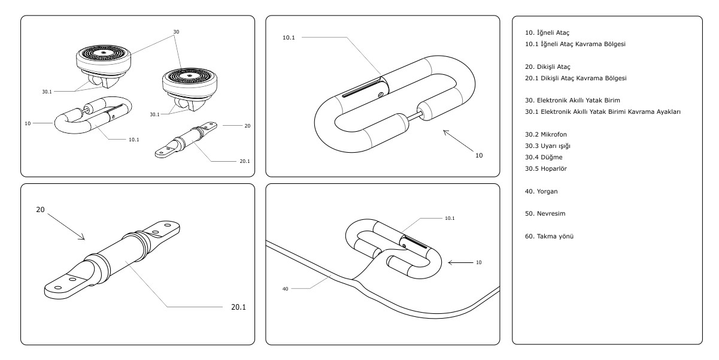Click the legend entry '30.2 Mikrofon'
(x=545, y=135)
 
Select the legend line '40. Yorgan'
(x=541, y=192)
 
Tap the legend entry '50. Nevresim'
(x=545, y=214)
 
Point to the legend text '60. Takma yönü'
(x=549, y=237)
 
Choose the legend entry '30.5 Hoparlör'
(x=545, y=168)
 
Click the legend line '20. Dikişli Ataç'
(x=548, y=67)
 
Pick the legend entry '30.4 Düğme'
(x=544, y=158)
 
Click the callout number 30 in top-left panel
(x=176, y=32)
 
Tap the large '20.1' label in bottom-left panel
(x=238, y=307)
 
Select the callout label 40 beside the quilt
(x=286, y=289)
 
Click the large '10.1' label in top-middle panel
(x=289, y=38)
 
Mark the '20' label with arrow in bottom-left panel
(x=41, y=210)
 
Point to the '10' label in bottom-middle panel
(x=478, y=262)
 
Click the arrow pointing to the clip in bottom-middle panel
(x=460, y=263)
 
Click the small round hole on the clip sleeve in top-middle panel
(x=381, y=95)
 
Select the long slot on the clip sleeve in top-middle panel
(x=360, y=89)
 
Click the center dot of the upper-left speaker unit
(x=104, y=52)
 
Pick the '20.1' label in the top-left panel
(x=245, y=161)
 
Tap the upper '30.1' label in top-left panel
(x=47, y=92)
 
